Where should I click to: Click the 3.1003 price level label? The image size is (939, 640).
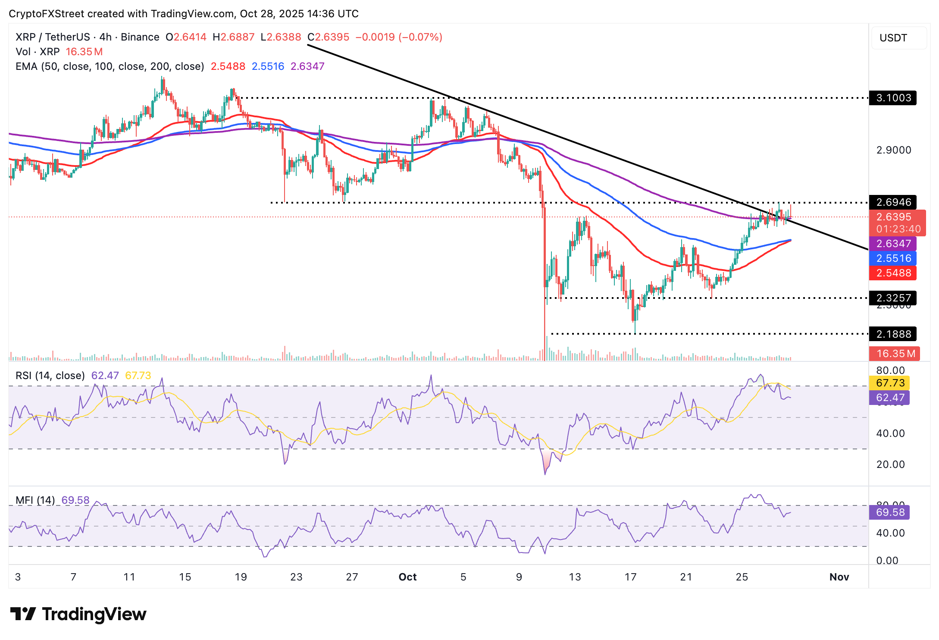[x=893, y=98]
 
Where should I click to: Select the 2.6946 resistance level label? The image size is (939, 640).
[x=893, y=202]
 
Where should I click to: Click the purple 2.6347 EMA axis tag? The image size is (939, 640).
[x=893, y=244]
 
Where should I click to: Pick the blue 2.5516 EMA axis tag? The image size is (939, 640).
[x=893, y=258]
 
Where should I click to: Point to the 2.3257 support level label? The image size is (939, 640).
[x=893, y=298]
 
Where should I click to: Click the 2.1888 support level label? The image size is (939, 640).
[x=893, y=334]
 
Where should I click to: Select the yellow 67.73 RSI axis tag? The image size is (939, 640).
[x=890, y=383]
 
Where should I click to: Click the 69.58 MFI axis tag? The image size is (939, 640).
[x=890, y=512]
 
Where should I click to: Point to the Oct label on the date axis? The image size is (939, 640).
[x=407, y=577]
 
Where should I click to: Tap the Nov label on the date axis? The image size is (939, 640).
[x=839, y=577]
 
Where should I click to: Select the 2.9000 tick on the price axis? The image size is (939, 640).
[x=893, y=150]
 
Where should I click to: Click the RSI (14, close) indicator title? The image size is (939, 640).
[x=50, y=376]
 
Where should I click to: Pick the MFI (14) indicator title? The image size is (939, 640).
[x=35, y=500]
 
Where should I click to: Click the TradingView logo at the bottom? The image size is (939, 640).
[x=78, y=614]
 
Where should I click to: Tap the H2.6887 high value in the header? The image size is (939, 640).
[x=234, y=37]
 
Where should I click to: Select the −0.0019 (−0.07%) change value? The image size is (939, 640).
[x=399, y=37]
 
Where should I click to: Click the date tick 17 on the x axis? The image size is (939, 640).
[x=630, y=577]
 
